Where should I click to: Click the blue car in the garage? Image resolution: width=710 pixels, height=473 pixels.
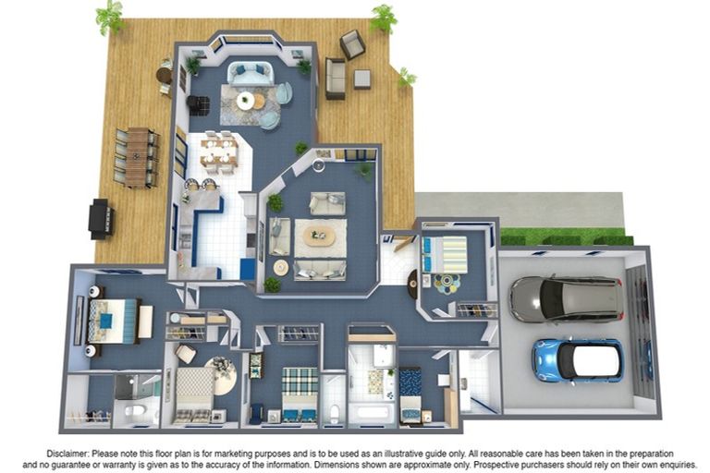coord(577,360)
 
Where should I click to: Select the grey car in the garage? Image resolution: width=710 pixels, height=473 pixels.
coord(567,298)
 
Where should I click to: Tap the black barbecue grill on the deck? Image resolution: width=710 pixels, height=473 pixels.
coord(102,219)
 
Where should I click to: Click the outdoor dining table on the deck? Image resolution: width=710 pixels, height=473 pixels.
coord(137,157)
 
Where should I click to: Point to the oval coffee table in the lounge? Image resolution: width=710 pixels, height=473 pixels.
coord(320,236)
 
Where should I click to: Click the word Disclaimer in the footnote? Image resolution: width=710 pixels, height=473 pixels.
coord(67,453)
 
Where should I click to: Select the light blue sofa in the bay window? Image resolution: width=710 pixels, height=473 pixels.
coord(251,73)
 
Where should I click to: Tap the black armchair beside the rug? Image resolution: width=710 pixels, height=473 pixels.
coord(198,105)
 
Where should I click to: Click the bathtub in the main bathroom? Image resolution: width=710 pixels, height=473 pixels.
coord(373,413)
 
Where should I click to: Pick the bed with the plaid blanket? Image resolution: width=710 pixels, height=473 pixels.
coord(300,394)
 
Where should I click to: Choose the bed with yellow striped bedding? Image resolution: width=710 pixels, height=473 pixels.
coord(444,254)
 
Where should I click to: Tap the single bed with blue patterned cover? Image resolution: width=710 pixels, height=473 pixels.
coord(410,395)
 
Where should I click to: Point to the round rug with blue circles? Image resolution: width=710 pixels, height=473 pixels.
coord(447,284)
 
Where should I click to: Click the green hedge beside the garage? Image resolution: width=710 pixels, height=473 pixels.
coord(566,236)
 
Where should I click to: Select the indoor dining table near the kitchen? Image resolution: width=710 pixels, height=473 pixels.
coord(219,152)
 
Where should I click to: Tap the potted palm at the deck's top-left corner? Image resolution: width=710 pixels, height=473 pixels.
coord(110,18)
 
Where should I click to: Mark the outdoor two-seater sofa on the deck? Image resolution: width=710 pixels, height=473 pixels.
coord(335,79)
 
